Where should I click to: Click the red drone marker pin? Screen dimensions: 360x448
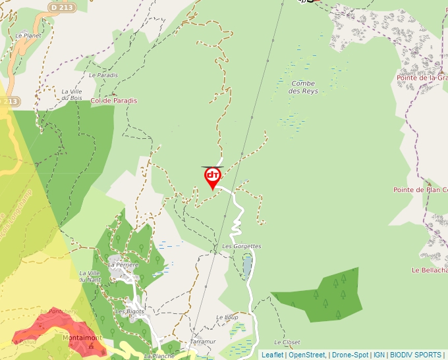click(213, 177)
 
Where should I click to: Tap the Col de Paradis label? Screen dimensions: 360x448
click(114, 101)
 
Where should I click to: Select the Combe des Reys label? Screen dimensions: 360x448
click(303, 87)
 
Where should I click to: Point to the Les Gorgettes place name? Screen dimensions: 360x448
click(242, 246)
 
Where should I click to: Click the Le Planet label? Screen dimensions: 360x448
click(28, 36)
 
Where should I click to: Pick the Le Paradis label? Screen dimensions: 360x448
click(103, 75)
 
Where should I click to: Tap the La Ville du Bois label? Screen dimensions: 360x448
click(71, 95)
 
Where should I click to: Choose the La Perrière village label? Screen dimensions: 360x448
click(124, 265)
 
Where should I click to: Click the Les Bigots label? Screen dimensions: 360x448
click(130, 311)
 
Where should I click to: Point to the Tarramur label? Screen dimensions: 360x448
click(202, 342)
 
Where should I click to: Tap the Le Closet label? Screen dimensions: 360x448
click(287, 342)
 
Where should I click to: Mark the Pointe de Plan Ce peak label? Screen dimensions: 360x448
click(420, 190)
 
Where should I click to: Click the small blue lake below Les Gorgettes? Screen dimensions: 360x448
click(247, 266)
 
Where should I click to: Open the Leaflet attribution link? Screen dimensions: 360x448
click(272, 355)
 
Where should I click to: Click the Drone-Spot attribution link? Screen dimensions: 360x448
click(350, 355)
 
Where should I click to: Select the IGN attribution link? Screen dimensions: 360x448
click(379, 355)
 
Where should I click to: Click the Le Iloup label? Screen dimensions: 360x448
click(227, 317)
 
